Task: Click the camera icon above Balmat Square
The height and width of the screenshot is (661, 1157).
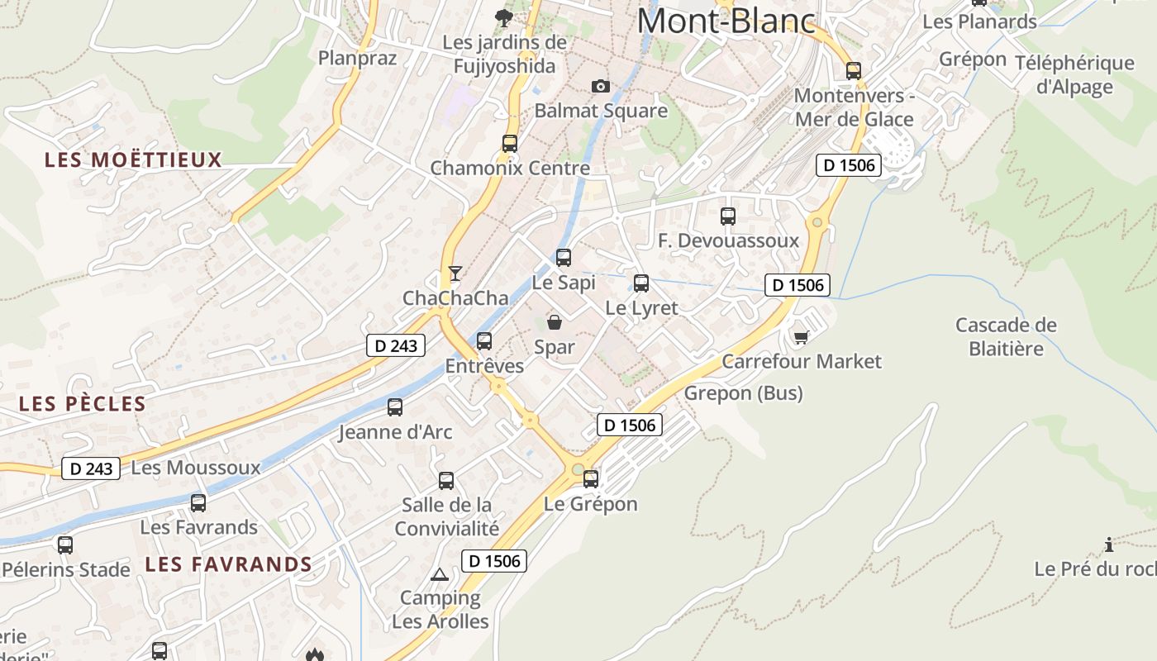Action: click(x=601, y=86)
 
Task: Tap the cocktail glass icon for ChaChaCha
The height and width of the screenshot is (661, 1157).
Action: click(x=455, y=273)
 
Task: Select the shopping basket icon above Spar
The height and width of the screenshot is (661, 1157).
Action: click(x=555, y=322)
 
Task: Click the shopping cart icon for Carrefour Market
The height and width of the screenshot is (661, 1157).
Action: click(x=800, y=337)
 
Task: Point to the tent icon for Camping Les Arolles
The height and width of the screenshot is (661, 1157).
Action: click(x=440, y=574)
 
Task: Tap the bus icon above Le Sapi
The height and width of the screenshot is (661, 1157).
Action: click(x=564, y=258)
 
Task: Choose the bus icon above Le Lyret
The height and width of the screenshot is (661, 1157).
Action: click(x=641, y=283)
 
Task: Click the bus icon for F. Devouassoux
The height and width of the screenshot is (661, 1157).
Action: click(x=728, y=216)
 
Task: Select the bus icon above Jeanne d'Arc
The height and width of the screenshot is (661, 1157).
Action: click(x=395, y=407)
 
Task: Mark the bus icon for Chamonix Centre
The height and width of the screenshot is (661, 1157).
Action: click(x=510, y=143)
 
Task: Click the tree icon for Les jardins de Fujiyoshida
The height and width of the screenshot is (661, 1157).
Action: click(x=502, y=17)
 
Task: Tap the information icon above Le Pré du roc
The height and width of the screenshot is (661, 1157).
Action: click(x=1109, y=544)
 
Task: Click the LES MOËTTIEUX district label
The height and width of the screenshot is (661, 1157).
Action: click(x=134, y=160)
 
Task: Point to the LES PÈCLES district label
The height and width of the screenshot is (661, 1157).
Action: click(x=83, y=404)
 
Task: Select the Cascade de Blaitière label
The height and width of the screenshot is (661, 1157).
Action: click(x=1006, y=336)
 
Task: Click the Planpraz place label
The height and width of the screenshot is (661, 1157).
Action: click(x=358, y=58)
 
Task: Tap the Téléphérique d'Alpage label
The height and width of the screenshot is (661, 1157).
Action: click(x=1074, y=75)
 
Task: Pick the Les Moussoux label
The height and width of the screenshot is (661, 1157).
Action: click(x=196, y=468)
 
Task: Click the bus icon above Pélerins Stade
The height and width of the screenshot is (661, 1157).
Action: click(x=65, y=545)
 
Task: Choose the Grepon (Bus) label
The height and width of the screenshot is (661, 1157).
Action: click(x=743, y=393)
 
